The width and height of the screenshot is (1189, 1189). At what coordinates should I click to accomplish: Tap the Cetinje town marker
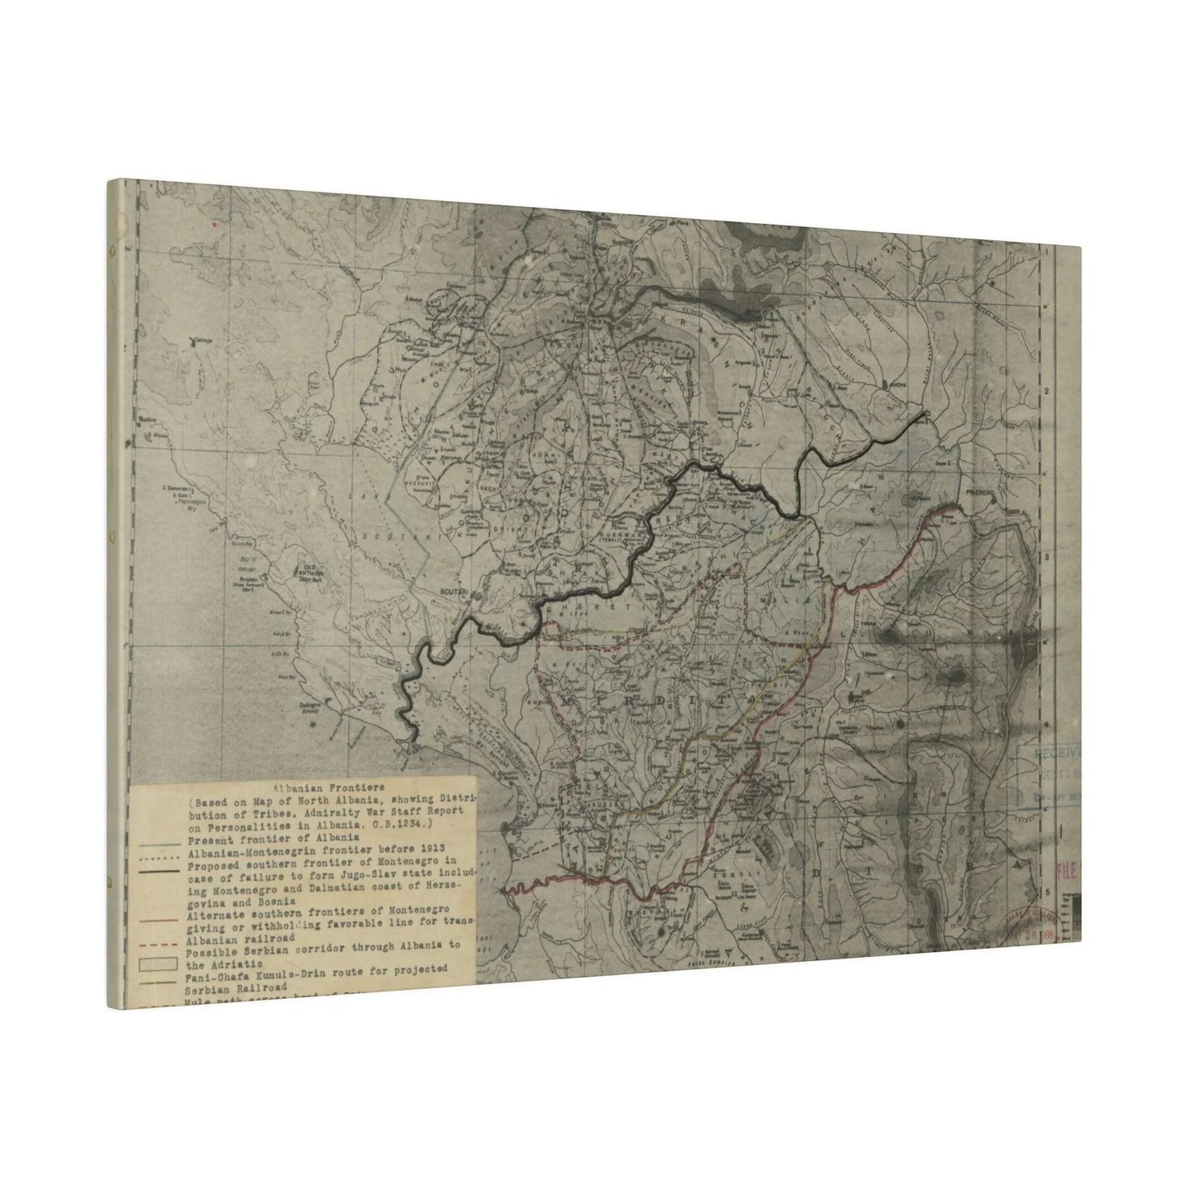(195, 339)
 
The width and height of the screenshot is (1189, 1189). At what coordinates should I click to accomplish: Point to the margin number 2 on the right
(1047, 392)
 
